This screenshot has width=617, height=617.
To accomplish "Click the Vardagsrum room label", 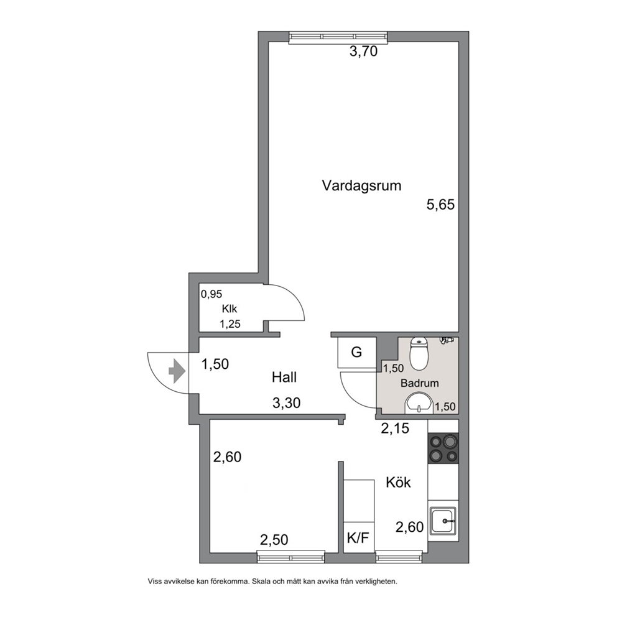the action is click(361, 185).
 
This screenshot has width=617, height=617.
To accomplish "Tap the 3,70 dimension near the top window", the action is click(364, 51).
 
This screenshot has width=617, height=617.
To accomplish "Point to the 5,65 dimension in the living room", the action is click(441, 205).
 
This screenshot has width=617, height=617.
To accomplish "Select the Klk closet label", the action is click(230, 309).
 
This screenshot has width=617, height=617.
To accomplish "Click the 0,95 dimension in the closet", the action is click(211, 294).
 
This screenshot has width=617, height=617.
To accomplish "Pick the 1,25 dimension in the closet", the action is click(230, 324).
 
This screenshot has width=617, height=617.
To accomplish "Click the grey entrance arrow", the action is click(177, 371).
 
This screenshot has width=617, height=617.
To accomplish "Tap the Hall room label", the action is click(284, 378).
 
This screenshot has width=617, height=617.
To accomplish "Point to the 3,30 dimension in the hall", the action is click(287, 403).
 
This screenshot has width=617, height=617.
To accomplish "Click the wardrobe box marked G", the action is click(356, 352).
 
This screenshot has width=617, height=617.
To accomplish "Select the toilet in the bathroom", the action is click(418, 354).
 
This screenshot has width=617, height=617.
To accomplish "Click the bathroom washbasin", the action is click(419, 403).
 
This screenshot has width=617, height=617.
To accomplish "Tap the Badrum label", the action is click(419, 383).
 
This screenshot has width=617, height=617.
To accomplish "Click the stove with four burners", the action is click(443, 448).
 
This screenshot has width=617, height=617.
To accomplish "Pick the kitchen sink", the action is click(443, 521).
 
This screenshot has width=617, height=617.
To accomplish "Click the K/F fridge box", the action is click(358, 537).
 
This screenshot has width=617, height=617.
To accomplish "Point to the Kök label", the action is click(398, 483).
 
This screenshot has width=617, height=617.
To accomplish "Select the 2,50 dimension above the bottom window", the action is click(274, 540).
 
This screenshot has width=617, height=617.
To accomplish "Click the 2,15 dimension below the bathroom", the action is click(395, 429).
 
